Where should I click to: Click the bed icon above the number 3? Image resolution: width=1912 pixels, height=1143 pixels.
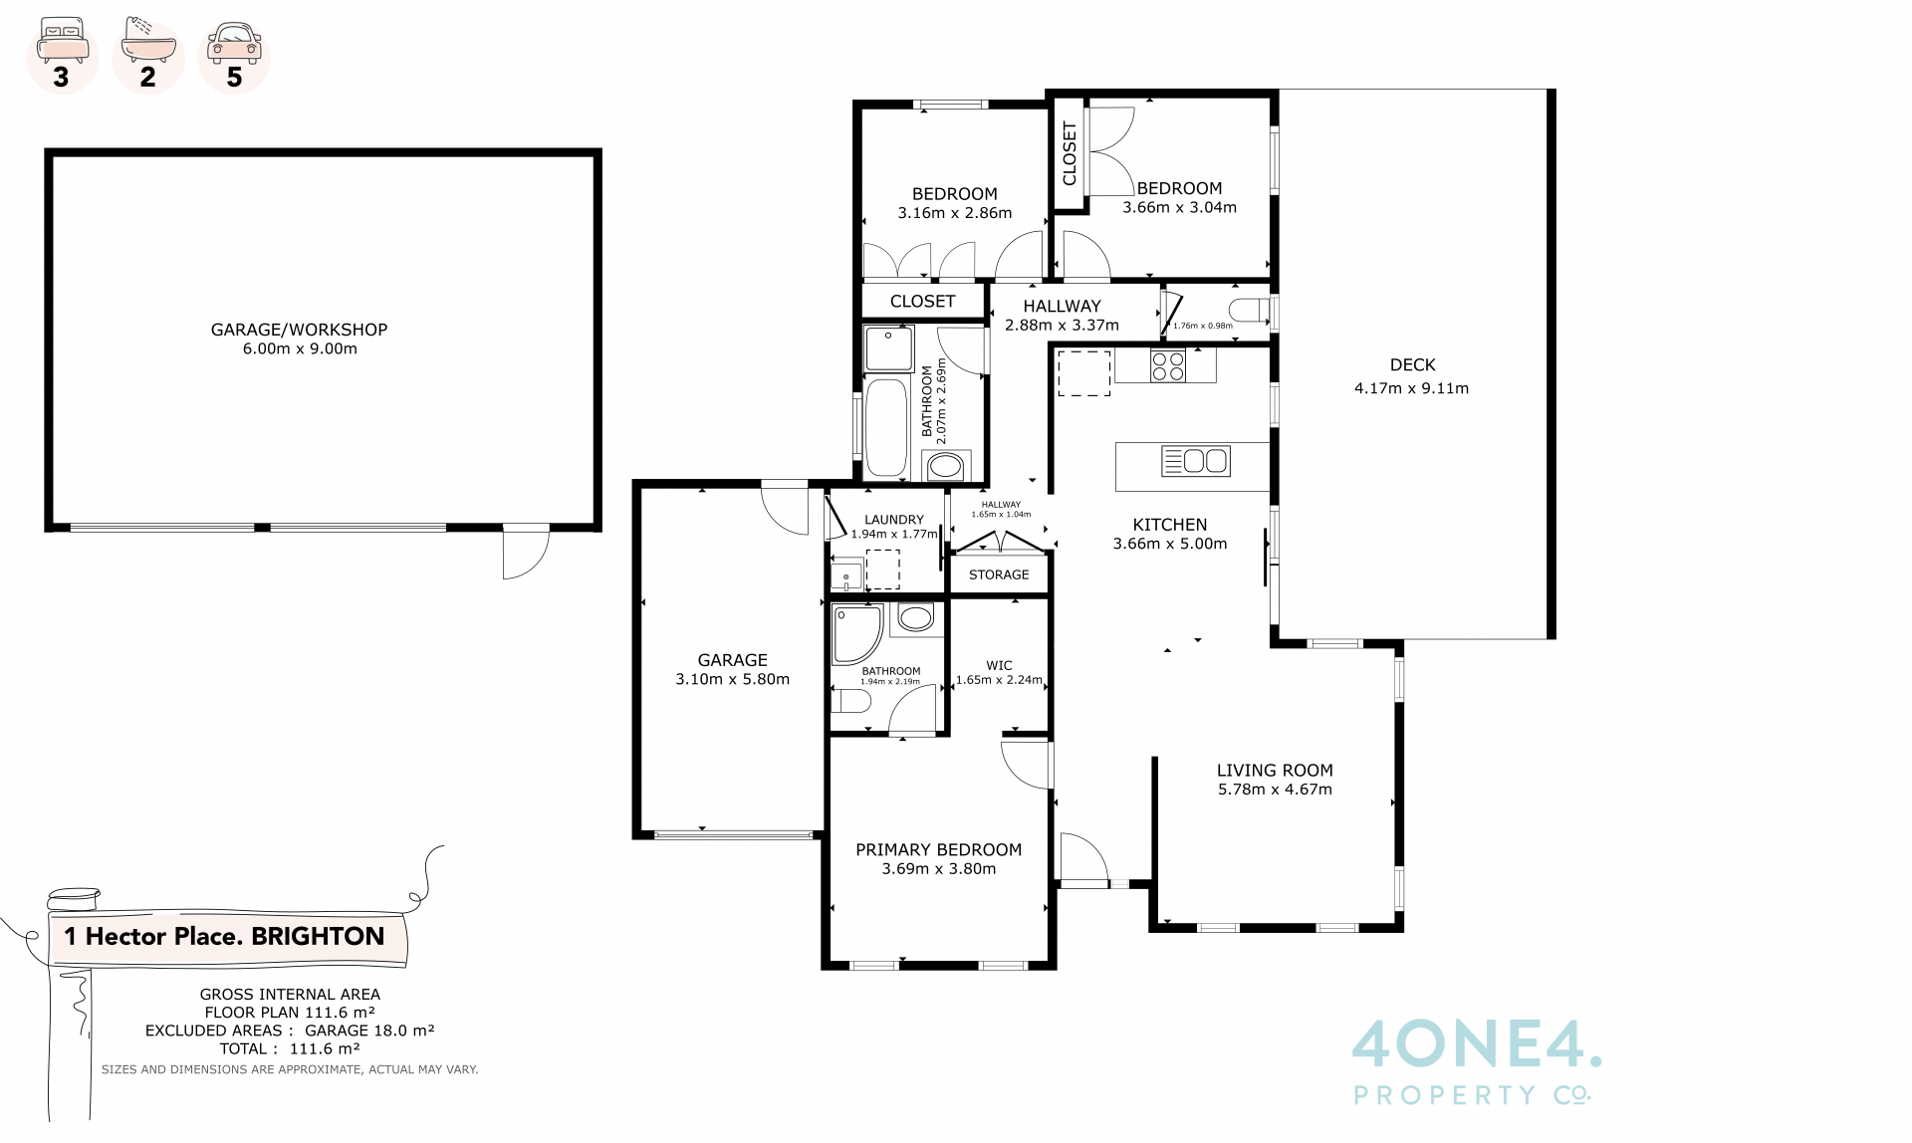pos(62,41)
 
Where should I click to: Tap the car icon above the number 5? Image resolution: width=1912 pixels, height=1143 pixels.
pos(234,43)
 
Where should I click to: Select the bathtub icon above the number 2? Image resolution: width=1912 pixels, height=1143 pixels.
pos(148,41)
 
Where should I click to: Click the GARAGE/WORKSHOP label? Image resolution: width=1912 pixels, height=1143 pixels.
pos(299,330)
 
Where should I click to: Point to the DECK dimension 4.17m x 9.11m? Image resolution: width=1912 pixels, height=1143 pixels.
pos(1411,388)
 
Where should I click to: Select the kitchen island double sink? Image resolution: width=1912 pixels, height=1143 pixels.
pos(1196,461)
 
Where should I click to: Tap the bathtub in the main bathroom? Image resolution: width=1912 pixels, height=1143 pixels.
pos(886,427)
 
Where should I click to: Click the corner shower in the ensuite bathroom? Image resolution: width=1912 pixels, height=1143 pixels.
pos(857,634)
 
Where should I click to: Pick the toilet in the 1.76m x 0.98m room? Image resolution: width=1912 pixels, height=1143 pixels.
pos(1250,312)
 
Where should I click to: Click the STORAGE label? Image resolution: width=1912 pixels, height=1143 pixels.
pos(999,574)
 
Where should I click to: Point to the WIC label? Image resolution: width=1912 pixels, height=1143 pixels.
pos(999,665)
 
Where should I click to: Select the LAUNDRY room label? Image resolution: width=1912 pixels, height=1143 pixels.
pos(893,520)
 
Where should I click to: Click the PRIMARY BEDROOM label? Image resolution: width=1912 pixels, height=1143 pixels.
pos(938,849)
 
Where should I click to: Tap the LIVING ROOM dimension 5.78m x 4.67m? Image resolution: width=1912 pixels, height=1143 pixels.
pos(1275,790)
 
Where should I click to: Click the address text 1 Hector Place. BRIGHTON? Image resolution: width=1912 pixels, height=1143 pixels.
pos(224,936)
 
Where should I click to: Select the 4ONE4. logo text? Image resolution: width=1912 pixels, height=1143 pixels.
pos(1477,1042)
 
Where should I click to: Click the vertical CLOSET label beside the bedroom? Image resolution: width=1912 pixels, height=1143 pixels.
pos(1070,153)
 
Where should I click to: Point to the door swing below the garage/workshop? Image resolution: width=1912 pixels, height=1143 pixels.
pos(526,552)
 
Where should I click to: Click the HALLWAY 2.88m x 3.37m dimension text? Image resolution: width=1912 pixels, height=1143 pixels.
pos(1062,326)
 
